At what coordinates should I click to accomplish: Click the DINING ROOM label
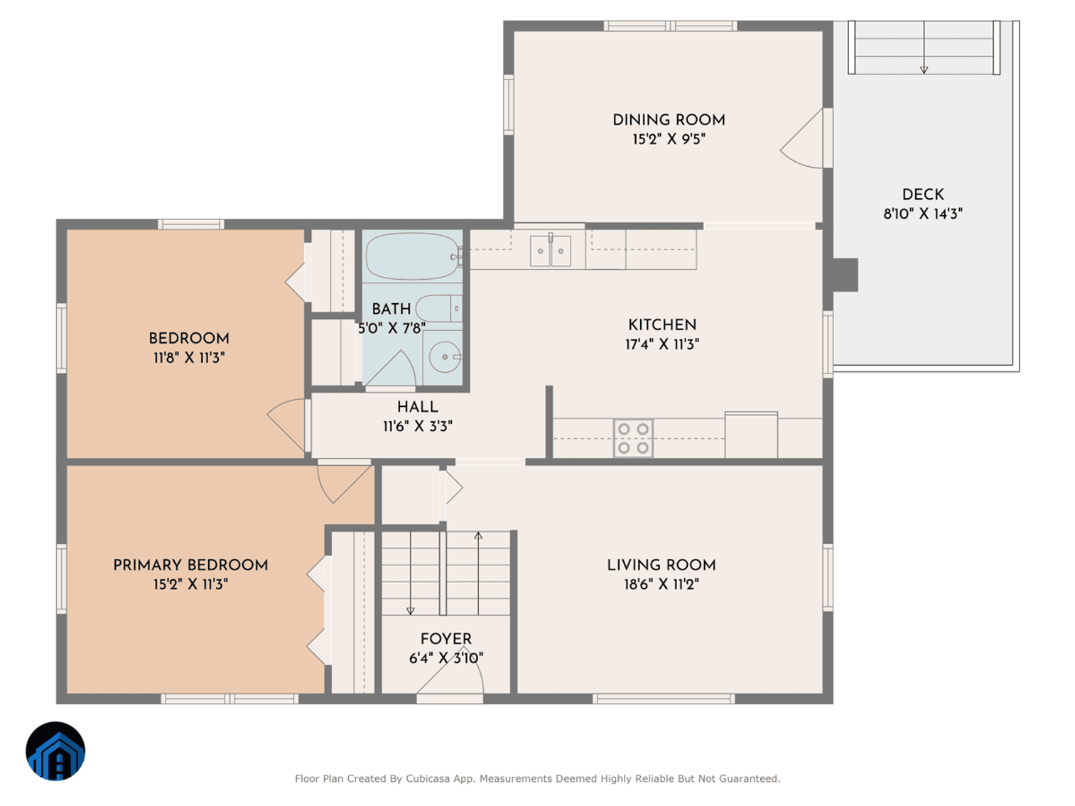(669, 120)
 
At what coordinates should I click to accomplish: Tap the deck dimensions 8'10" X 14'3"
(922, 214)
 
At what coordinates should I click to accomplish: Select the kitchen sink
(551, 251)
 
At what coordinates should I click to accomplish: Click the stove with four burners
(633, 438)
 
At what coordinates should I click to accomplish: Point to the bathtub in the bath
(412, 256)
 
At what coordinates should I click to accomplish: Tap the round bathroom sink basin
(445, 356)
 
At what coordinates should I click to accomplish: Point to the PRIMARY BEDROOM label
(190, 565)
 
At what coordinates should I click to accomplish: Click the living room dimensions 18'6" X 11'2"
(661, 584)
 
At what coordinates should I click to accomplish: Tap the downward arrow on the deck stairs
(924, 69)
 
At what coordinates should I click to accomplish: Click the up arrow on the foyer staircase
(478, 537)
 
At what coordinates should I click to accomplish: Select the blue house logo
(55, 751)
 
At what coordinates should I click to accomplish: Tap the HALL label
(417, 407)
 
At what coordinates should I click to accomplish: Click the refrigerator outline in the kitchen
(751, 435)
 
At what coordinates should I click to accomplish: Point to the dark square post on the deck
(844, 275)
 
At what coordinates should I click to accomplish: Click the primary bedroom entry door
(345, 481)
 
